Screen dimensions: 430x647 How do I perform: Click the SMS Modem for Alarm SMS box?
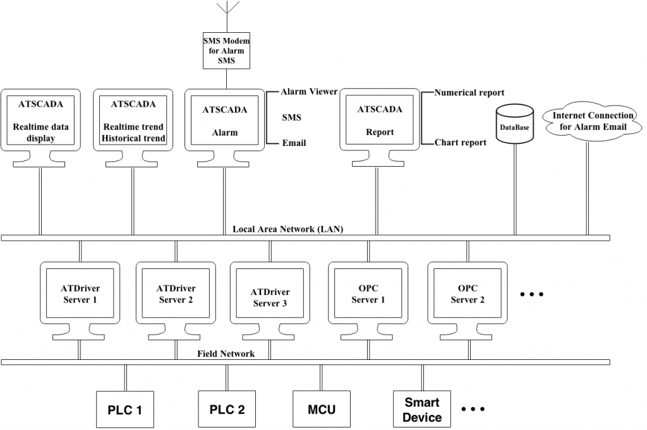[227, 51]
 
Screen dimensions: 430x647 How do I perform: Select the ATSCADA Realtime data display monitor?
[41, 120]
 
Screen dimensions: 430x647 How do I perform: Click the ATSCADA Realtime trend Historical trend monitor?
[133, 120]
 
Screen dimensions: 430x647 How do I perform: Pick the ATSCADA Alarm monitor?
[225, 120]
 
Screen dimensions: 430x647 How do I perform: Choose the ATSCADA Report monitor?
[380, 120]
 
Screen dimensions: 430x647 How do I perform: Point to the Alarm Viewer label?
[309, 92]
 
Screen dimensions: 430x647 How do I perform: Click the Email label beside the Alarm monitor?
[294, 143]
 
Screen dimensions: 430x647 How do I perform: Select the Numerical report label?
[469, 93]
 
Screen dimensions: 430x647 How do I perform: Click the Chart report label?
[461, 143]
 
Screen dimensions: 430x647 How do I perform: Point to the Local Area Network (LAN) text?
[288, 229]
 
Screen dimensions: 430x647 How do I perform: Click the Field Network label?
[226, 354]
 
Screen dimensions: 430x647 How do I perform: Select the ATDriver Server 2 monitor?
[175, 294]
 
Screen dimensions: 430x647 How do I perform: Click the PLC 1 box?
[125, 409]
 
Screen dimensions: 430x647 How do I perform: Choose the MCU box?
[322, 409]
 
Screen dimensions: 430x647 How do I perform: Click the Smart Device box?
[422, 409]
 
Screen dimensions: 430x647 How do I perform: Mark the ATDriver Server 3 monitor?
[270, 297]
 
